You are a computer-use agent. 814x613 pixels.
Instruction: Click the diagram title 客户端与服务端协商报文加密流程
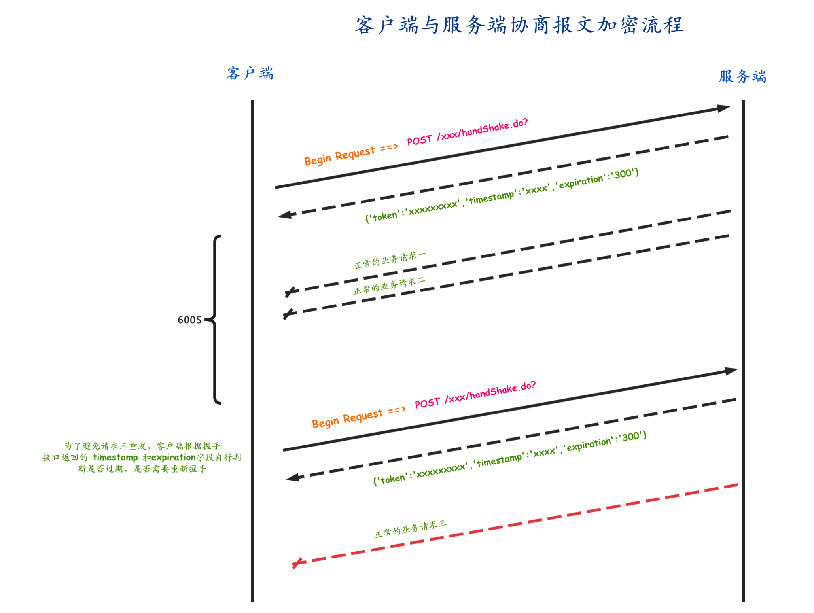[519, 25]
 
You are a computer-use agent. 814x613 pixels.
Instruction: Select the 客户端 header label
[250, 74]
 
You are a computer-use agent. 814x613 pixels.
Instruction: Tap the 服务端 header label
[742, 76]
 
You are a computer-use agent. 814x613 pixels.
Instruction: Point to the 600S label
[189, 320]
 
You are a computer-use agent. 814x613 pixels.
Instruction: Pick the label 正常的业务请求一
[389, 260]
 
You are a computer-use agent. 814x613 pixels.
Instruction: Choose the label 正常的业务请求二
[389, 286]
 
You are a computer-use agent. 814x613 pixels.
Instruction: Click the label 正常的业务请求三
[411, 529]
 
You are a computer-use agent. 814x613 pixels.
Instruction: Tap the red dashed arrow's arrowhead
[297, 563]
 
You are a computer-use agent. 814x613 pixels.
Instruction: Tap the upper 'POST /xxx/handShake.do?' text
[467, 132]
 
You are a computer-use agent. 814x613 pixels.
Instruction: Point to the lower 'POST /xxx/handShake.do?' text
[475, 395]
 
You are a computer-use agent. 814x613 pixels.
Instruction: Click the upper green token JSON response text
[502, 195]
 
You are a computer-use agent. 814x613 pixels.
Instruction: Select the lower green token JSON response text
[509, 458]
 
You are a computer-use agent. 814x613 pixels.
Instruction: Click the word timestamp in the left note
[115, 458]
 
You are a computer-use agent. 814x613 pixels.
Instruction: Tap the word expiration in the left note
[174, 458]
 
